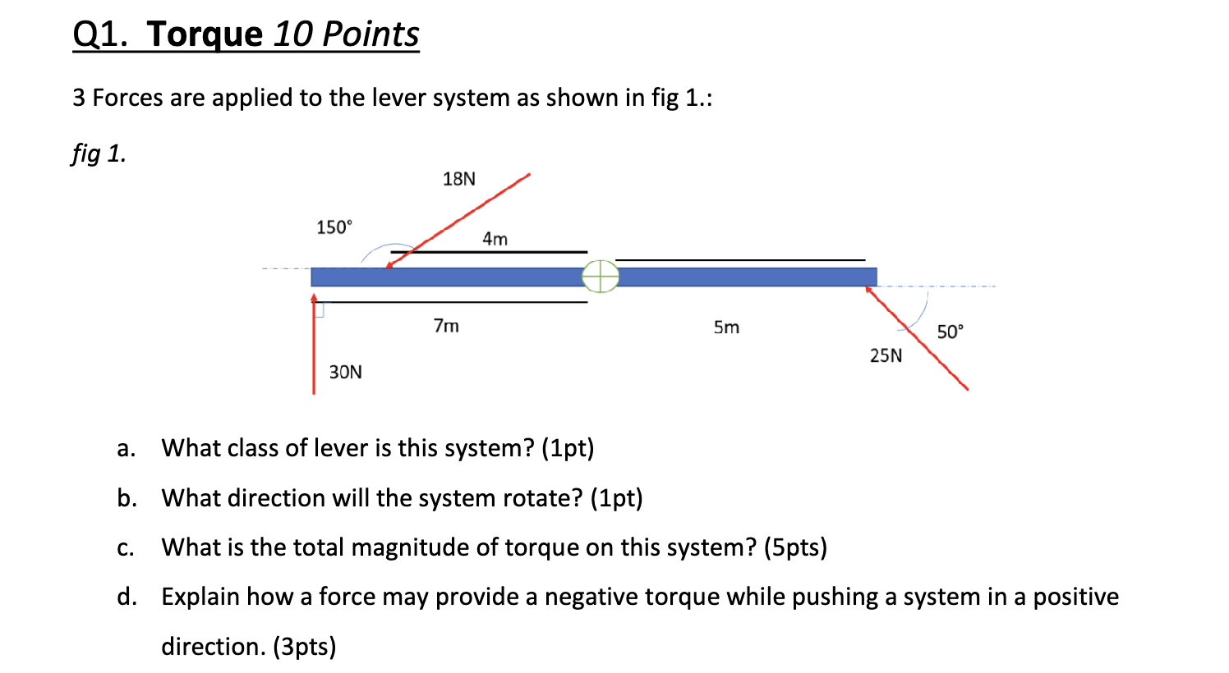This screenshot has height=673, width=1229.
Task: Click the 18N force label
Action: click(x=458, y=179)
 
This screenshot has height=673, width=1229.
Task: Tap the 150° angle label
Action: click(x=334, y=227)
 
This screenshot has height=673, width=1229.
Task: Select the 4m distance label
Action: click(x=495, y=239)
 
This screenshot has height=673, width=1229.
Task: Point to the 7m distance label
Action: click(x=446, y=326)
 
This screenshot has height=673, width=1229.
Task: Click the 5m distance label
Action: click(x=726, y=327)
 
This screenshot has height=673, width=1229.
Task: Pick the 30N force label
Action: click(x=345, y=372)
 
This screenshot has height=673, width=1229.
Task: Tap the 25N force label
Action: click(x=886, y=355)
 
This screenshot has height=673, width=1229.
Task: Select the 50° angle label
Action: click(x=951, y=332)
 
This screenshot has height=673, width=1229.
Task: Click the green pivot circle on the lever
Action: click(x=601, y=277)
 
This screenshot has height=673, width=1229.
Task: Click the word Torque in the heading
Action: click(x=205, y=34)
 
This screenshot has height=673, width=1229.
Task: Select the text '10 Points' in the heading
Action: click(x=346, y=34)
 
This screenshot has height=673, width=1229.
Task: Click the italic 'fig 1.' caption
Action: click(x=99, y=153)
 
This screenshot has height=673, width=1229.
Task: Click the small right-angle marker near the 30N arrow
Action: click(x=320, y=309)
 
